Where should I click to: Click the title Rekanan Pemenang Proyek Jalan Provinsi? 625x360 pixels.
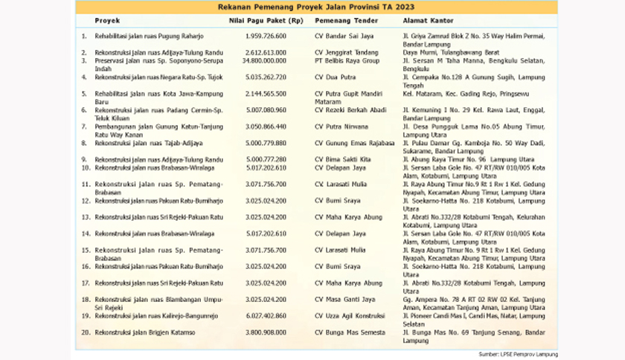point(312,7)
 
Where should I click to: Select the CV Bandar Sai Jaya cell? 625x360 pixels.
point(343,36)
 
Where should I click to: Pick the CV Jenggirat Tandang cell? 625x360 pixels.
point(345,52)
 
